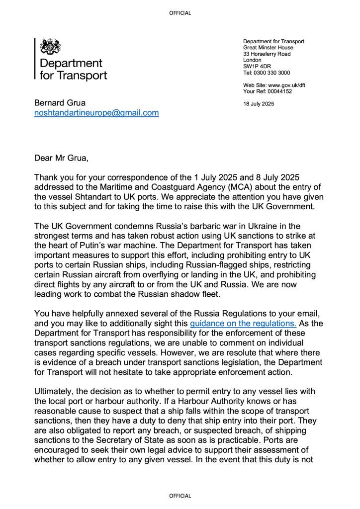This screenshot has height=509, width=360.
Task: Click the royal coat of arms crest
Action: click(x=50, y=47)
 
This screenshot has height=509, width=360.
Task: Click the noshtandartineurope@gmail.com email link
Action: click(x=96, y=113)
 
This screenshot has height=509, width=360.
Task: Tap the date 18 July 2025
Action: click(x=259, y=104)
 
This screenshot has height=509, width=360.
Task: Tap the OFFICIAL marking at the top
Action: click(x=180, y=13)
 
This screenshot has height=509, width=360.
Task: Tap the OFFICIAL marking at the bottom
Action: click(x=180, y=496)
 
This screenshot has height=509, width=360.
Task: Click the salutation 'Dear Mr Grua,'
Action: click(x=62, y=159)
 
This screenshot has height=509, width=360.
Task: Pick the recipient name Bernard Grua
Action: click(x=60, y=103)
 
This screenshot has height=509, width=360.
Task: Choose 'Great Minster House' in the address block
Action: click(x=268, y=48)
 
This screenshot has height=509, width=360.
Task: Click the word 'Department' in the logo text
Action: click(x=71, y=63)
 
